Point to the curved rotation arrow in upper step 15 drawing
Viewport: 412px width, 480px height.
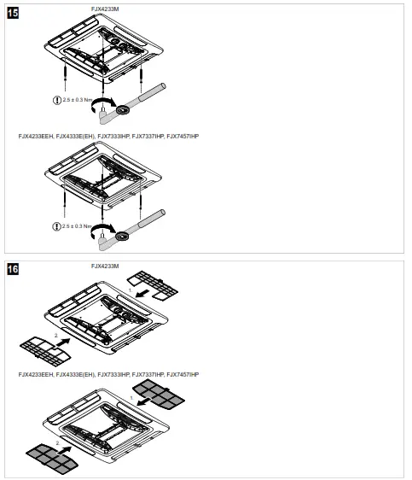[103, 108]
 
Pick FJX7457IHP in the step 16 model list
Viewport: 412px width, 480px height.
[189, 375]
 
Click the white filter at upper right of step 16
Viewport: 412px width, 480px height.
[154, 284]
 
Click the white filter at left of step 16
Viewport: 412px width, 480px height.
[39, 348]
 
